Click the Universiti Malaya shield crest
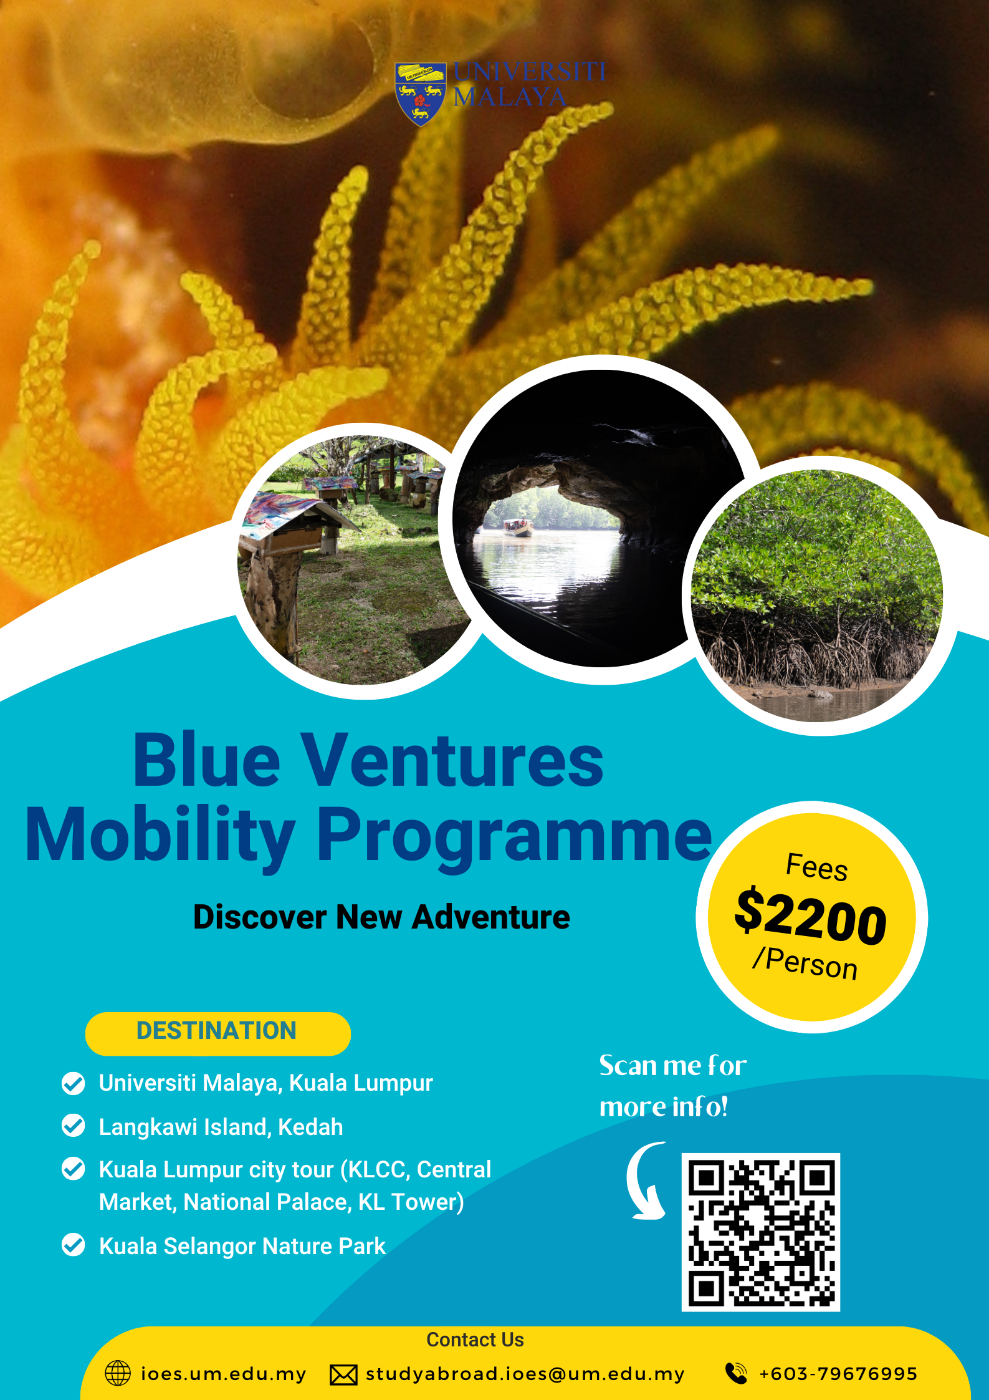tap(421, 94)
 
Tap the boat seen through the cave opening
tap(518, 527)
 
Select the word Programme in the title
tap(514, 836)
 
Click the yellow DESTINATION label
tap(217, 1033)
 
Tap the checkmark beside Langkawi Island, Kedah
tap(74, 1126)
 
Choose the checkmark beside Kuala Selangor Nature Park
tap(74, 1245)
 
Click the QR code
tap(760, 1232)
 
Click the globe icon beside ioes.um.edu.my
tap(118, 1373)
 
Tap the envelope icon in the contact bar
tap(343, 1374)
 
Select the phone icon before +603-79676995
tap(736, 1373)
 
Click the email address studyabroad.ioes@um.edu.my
tap(525, 1374)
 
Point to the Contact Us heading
tap(475, 1340)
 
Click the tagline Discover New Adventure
tap(381, 917)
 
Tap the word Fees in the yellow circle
tap(817, 867)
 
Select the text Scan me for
tap(673, 1065)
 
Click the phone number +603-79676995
tap(838, 1374)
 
